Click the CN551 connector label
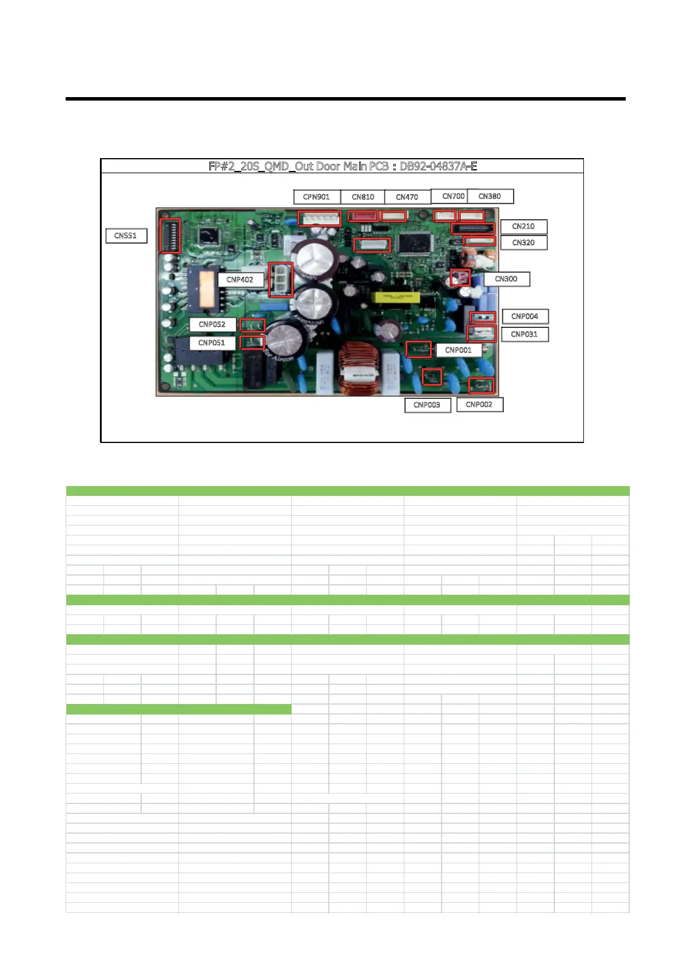click(x=126, y=235)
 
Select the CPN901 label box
click(x=316, y=197)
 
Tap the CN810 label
click(x=363, y=197)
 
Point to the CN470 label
click(x=407, y=197)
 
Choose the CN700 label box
click(x=453, y=196)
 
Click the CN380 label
click(x=490, y=196)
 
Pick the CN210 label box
click(x=524, y=226)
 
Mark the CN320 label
click(x=524, y=242)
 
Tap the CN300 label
click(x=506, y=279)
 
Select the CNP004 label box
click(x=525, y=316)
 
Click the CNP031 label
click(x=524, y=334)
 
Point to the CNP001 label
click(x=458, y=350)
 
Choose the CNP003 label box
click(x=427, y=405)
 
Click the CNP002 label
click(x=479, y=405)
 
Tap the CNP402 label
click(x=240, y=280)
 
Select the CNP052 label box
click(x=212, y=324)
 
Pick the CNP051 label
click(x=211, y=343)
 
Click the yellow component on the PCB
click(x=397, y=298)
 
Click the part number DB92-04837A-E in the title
click(x=439, y=166)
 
